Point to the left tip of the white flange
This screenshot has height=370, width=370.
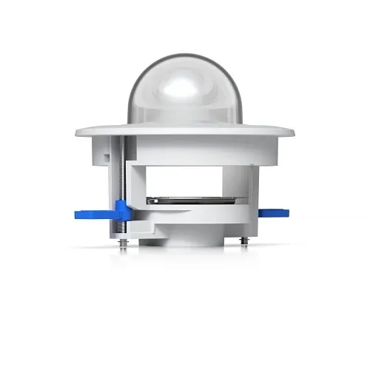[77, 134]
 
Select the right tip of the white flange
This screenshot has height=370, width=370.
[293, 134]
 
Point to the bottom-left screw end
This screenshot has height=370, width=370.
[121, 238]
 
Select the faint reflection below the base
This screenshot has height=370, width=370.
[185, 255]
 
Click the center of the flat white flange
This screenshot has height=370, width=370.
[185, 134]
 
